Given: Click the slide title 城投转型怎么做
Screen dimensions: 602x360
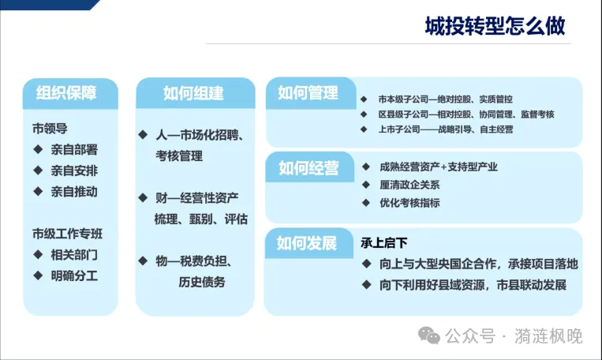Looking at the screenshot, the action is point(495,28).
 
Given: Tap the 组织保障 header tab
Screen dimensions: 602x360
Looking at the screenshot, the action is point(66,92).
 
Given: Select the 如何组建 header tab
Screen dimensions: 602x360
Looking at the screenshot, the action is point(193,92).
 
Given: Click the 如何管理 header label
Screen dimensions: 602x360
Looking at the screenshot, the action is point(308,92).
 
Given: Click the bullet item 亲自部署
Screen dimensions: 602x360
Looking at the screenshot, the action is point(74,148).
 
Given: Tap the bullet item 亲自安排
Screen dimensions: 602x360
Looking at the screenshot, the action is point(74,170).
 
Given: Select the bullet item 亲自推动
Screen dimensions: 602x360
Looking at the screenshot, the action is point(74,191).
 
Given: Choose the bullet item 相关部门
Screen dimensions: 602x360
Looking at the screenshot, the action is point(74,255).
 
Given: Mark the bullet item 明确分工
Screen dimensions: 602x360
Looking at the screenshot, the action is point(74,276).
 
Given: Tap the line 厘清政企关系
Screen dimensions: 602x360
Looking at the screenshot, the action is point(409,185).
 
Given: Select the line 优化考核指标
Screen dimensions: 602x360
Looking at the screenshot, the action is point(409,203).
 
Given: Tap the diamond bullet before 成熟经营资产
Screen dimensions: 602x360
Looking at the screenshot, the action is point(365,167).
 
